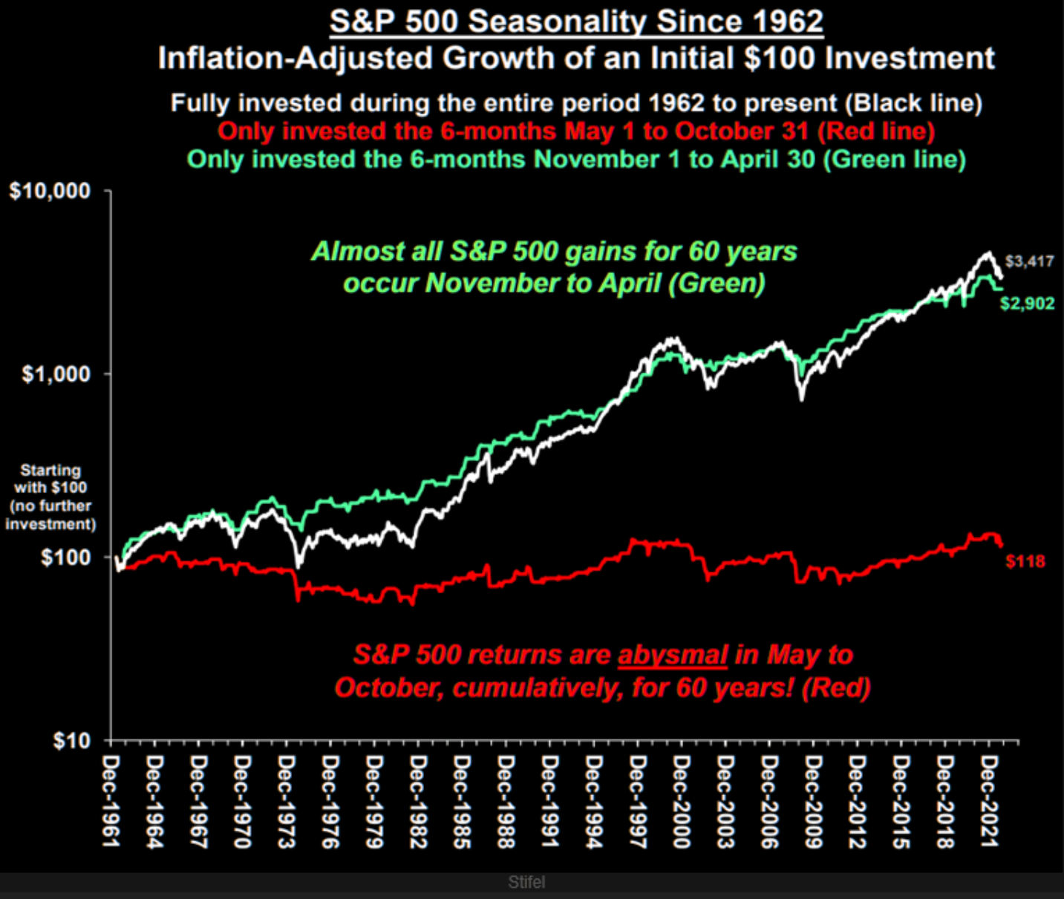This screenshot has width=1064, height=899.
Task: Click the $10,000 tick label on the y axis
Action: point(50,191)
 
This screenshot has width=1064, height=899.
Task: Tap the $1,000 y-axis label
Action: point(56,373)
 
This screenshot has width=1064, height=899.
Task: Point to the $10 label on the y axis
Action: point(71,740)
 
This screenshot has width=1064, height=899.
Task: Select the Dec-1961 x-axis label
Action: point(111,801)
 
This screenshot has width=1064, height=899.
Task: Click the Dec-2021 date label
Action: point(989,801)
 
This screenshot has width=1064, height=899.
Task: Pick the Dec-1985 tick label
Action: point(462,801)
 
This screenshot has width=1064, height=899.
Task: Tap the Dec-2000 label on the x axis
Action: point(682,801)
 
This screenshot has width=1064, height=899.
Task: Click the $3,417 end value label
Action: point(1029,261)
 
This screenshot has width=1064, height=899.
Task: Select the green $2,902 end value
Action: point(1027,303)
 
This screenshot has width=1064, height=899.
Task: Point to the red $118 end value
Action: point(1025,561)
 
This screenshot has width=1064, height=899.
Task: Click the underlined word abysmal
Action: point(673,655)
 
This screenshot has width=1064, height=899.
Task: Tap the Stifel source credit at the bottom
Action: point(526,882)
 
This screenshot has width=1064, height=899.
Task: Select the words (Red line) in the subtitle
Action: point(876,131)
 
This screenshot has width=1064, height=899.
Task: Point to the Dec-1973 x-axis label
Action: point(287,801)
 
